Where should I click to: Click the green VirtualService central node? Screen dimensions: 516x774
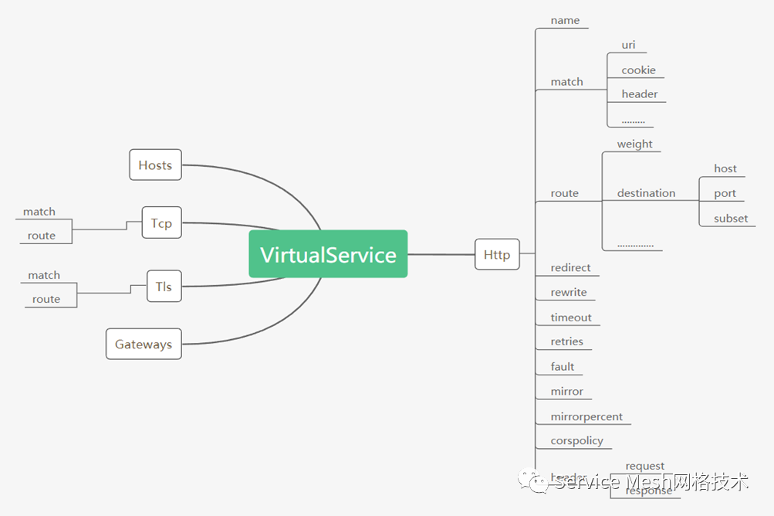[328, 254]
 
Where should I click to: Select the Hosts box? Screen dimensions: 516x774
[155, 165]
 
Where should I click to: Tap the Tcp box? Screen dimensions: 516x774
[161, 223]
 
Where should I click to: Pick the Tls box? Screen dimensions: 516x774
[164, 287]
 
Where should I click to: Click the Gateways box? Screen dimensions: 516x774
[144, 345]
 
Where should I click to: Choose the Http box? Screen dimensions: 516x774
[497, 255]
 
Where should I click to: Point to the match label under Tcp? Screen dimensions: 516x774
[39, 212]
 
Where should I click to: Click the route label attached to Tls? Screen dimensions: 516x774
[46, 299]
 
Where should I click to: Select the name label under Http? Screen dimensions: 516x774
[565, 20]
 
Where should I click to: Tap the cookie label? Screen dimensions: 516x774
[638, 70]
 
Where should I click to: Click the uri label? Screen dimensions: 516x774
[628, 45]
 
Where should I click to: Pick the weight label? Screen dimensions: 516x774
[634, 144]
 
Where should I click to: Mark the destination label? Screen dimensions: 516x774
[646, 193]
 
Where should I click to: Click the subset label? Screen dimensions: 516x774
[730, 219]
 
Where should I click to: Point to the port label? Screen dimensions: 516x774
[725, 194]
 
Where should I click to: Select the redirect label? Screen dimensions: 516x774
[570, 268]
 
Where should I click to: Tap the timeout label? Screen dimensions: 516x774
[571, 317]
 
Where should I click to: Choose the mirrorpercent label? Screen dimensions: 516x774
[586, 416]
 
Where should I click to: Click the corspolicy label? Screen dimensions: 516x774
[577, 441]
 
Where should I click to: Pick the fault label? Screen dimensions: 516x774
[563, 367]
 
